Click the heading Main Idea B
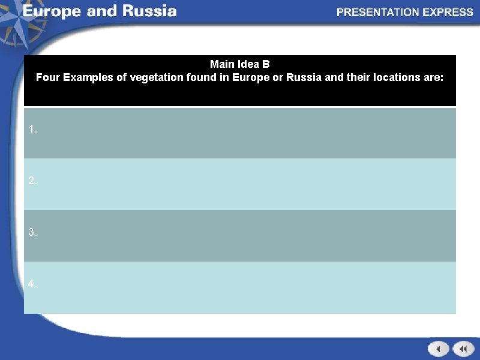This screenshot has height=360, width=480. pos(240,64)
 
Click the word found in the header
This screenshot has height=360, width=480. pos(200,77)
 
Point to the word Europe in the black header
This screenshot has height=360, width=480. pos(251,77)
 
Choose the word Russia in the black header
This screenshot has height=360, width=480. pos(303,77)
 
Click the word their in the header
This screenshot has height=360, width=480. pos(358,77)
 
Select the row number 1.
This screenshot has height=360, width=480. pos(32,130)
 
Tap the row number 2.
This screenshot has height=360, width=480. pos(32,181)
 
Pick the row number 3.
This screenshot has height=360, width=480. pos(32,232)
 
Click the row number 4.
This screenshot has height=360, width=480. pos(32,284)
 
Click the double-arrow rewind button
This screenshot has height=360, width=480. pos(463,349)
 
